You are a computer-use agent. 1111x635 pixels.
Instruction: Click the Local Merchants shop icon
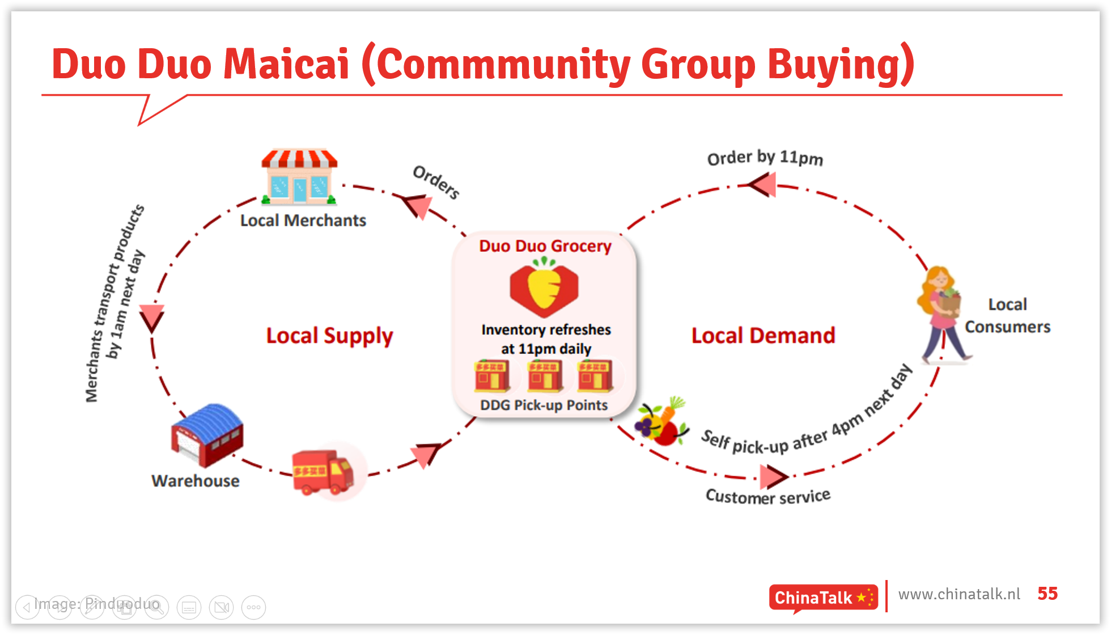pyautogui.click(x=299, y=177)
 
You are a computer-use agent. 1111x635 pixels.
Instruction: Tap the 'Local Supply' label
pyautogui.click(x=329, y=336)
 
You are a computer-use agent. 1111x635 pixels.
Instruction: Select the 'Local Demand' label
pyautogui.click(x=763, y=336)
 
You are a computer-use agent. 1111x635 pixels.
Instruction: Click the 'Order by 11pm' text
pyautogui.click(x=765, y=158)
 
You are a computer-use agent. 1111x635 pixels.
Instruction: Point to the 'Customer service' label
pyautogui.click(x=767, y=496)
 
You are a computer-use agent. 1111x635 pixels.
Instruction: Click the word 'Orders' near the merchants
pyautogui.click(x=436, y=182)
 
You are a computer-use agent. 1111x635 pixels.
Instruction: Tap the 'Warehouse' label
pyautogui.click(x=196, y=481)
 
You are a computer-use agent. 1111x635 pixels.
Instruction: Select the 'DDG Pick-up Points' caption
pyautogui.click(x=544, y=405)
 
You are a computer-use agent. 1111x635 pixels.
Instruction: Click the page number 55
pyautogui.click(x=1048, y=594)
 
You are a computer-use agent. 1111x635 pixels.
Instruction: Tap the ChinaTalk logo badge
pyautogui.click(x=823, y=598)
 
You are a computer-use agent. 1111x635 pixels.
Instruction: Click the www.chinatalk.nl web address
pyautogui.click(x=959, y=594)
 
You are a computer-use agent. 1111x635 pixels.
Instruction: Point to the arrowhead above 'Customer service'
pyautogui.click(x=773, y=476)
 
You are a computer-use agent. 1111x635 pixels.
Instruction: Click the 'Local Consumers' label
pyautogui.click(x=1007, y=316)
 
